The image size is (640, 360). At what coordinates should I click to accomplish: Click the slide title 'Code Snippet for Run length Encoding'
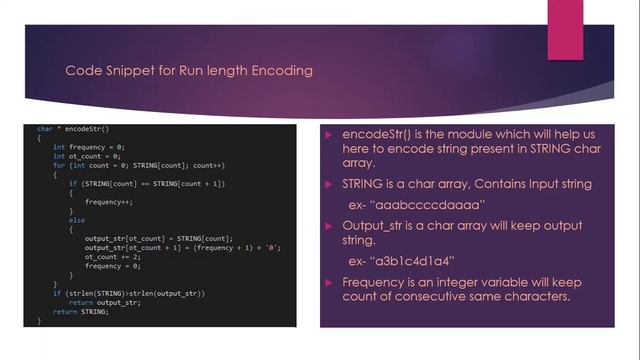click(x=189, y=71)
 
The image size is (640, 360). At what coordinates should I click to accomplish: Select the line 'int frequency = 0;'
click(x=90, y=146)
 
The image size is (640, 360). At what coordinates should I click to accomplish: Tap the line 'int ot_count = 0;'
click(x=88, y=156)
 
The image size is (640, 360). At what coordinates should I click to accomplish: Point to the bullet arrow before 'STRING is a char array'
click(x=332, y=185)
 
